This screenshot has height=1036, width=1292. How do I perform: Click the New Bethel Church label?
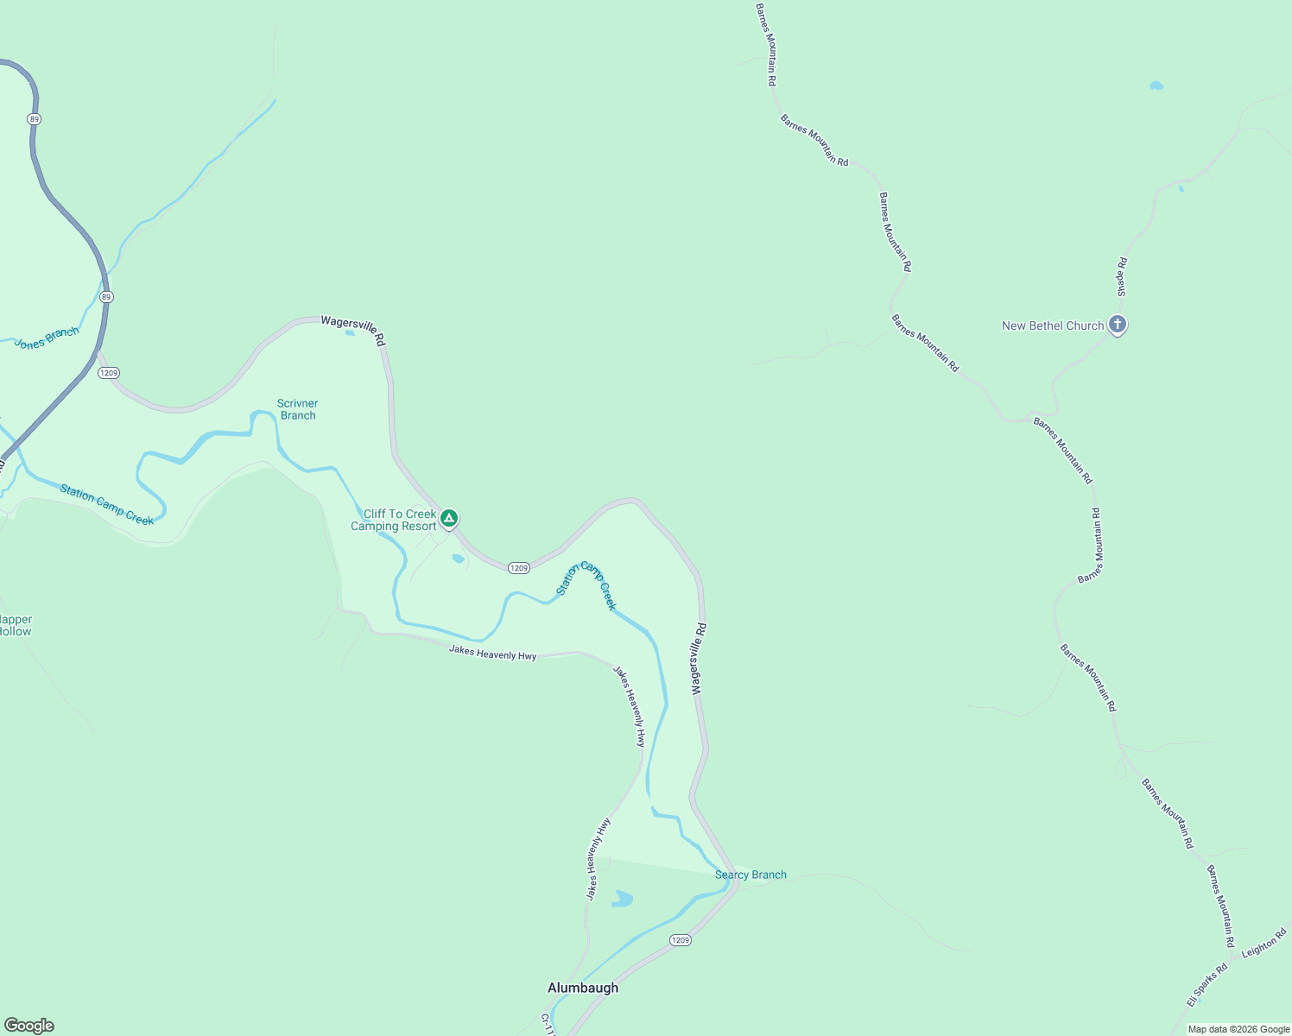(x=1052, y=325)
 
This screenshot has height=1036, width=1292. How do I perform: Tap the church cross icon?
(x=1118, y=325)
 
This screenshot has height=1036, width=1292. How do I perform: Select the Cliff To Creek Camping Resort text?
(x=394, y=520)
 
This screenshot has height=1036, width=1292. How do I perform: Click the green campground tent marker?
(x=449, y=518)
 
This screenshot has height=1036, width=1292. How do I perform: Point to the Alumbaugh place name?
(x=583, y=988)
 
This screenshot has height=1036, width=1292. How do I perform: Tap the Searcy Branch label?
(x=750, y=875)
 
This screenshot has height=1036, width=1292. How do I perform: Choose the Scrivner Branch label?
(x=298, y=409)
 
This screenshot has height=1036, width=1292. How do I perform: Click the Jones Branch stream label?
(x=47, y=338)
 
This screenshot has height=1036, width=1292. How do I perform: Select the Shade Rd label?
(x=1122, y=277)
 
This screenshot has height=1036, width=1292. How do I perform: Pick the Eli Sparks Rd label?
(x=1206, y=985)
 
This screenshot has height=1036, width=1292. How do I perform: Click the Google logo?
(x=29, y=1026)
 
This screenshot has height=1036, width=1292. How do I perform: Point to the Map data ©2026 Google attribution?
(x=1238, y=1029)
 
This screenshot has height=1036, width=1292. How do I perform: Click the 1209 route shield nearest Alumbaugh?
(x=681, y=939)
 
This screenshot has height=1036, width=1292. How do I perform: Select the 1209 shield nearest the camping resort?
(x=518, y=568)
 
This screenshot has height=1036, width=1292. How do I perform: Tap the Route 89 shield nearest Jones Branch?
(x=106, y=297)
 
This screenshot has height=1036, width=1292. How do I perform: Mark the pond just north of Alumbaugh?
(x=622, y=899)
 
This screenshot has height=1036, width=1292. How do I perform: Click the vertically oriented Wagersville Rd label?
(x=699, y=659)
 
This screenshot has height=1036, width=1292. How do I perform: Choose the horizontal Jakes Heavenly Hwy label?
(x=492, y=654)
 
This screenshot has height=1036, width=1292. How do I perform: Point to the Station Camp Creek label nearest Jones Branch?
(x=107, y=505)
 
